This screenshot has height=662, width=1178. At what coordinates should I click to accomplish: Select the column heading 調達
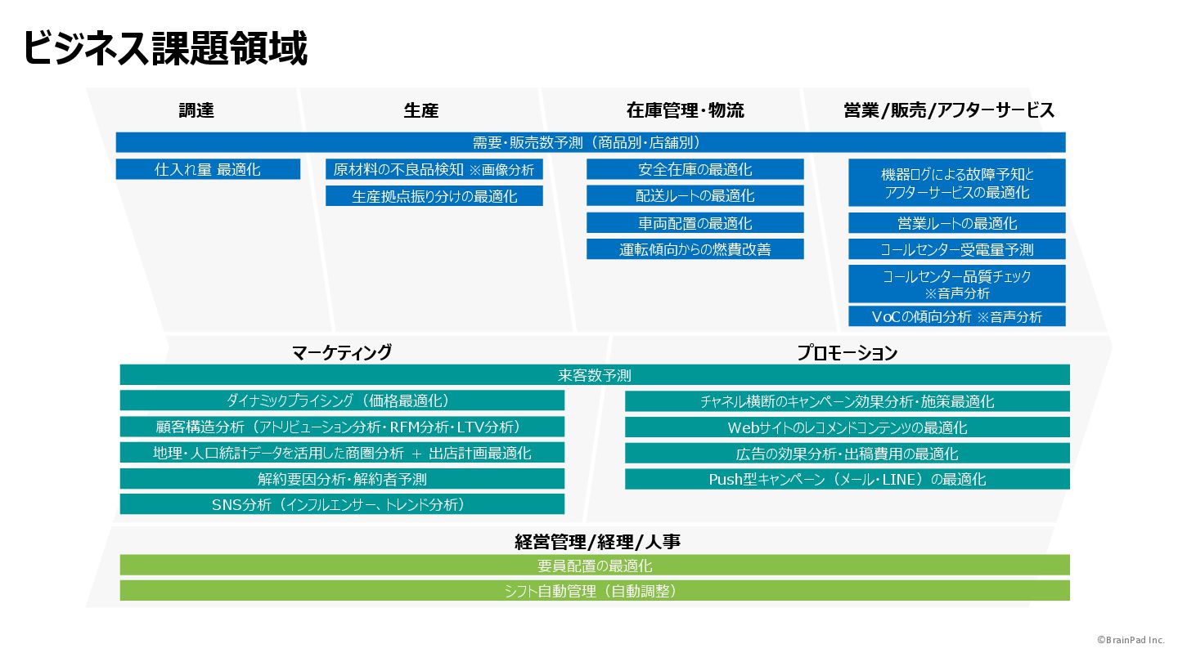(196, 110)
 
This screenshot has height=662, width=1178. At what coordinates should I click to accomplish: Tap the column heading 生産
(421, 110)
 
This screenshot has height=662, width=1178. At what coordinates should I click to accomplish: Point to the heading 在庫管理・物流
(686, 110)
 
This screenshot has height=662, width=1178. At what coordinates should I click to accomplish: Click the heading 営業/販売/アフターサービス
(949, 110)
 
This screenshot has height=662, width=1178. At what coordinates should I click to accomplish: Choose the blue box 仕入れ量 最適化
(208, 169)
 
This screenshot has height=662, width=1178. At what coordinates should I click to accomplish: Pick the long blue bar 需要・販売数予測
(590, 142)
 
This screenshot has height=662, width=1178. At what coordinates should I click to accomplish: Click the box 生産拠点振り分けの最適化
(434, 196)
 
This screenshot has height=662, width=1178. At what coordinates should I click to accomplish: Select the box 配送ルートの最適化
(695, 196)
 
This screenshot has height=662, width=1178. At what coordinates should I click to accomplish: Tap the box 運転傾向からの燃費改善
(695, 249)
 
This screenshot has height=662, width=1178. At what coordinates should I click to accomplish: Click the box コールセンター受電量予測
(956, 249)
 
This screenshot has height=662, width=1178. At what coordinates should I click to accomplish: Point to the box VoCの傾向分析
(956, 316)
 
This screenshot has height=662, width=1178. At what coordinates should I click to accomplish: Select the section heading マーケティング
(342, 352)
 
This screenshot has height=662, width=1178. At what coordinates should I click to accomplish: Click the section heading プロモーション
(848, 353)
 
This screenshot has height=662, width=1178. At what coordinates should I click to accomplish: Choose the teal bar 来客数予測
(595, 375)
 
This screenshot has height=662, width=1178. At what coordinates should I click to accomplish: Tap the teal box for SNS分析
(342, 504)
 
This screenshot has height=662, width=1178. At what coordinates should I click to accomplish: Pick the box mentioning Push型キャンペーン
(848, 479)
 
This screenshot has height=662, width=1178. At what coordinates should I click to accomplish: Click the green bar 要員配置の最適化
(595, 565)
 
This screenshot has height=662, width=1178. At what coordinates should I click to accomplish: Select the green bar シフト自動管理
(595, 591)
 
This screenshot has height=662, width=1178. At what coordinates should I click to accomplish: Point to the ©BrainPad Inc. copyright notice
(1132, 641)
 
